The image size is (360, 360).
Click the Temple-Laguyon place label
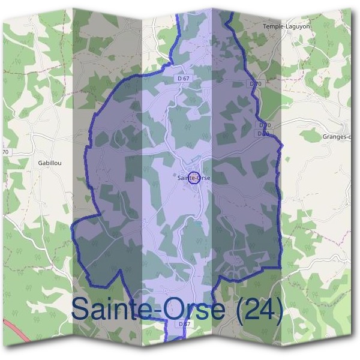point(283,26)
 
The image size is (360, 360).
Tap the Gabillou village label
point(50,163)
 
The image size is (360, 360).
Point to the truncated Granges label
point(337,137)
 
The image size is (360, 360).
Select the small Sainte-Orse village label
point(194,178)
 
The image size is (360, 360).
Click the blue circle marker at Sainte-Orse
point(194,177)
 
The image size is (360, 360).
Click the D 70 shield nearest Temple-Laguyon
point(256,84)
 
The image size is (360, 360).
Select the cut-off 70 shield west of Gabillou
point(6,152)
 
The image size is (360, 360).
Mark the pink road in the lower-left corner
point(15,332)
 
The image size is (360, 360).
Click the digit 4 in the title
point(269,308)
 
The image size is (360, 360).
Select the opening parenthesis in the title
point(241,310)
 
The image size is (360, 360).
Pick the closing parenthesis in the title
point(280,310)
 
